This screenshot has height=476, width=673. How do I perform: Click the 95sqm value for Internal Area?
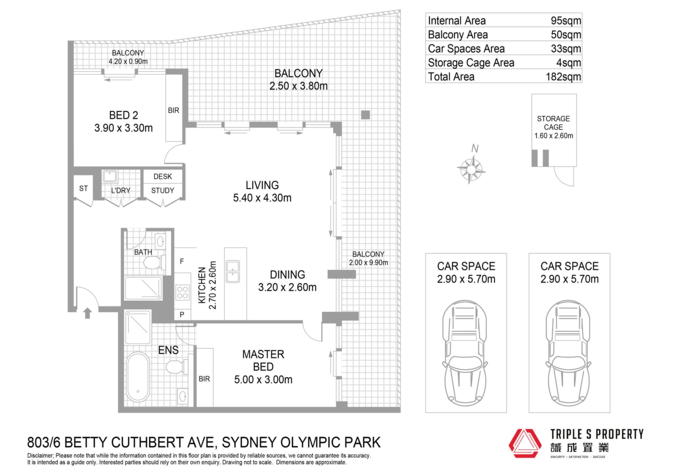(566, 21)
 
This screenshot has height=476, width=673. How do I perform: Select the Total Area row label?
(451, 76)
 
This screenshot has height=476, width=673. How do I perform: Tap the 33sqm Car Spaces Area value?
(566, 49)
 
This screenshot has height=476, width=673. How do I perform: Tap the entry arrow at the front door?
(88, 313)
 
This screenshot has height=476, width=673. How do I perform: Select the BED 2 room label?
(123, 115)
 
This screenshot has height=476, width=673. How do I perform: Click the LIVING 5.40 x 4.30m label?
(262, 191)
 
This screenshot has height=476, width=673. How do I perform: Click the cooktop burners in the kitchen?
(182, 293)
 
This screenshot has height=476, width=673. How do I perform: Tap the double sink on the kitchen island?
(233, 271)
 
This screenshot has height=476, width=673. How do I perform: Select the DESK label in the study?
(163, 176)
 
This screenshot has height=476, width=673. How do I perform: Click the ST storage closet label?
(83, 188)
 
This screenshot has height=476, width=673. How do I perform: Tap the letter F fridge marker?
(182, 261)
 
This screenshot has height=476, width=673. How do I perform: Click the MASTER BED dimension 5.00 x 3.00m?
(263, 380)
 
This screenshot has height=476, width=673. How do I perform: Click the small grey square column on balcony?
(366, 115)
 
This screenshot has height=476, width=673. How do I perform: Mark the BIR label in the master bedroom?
(204, 379)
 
